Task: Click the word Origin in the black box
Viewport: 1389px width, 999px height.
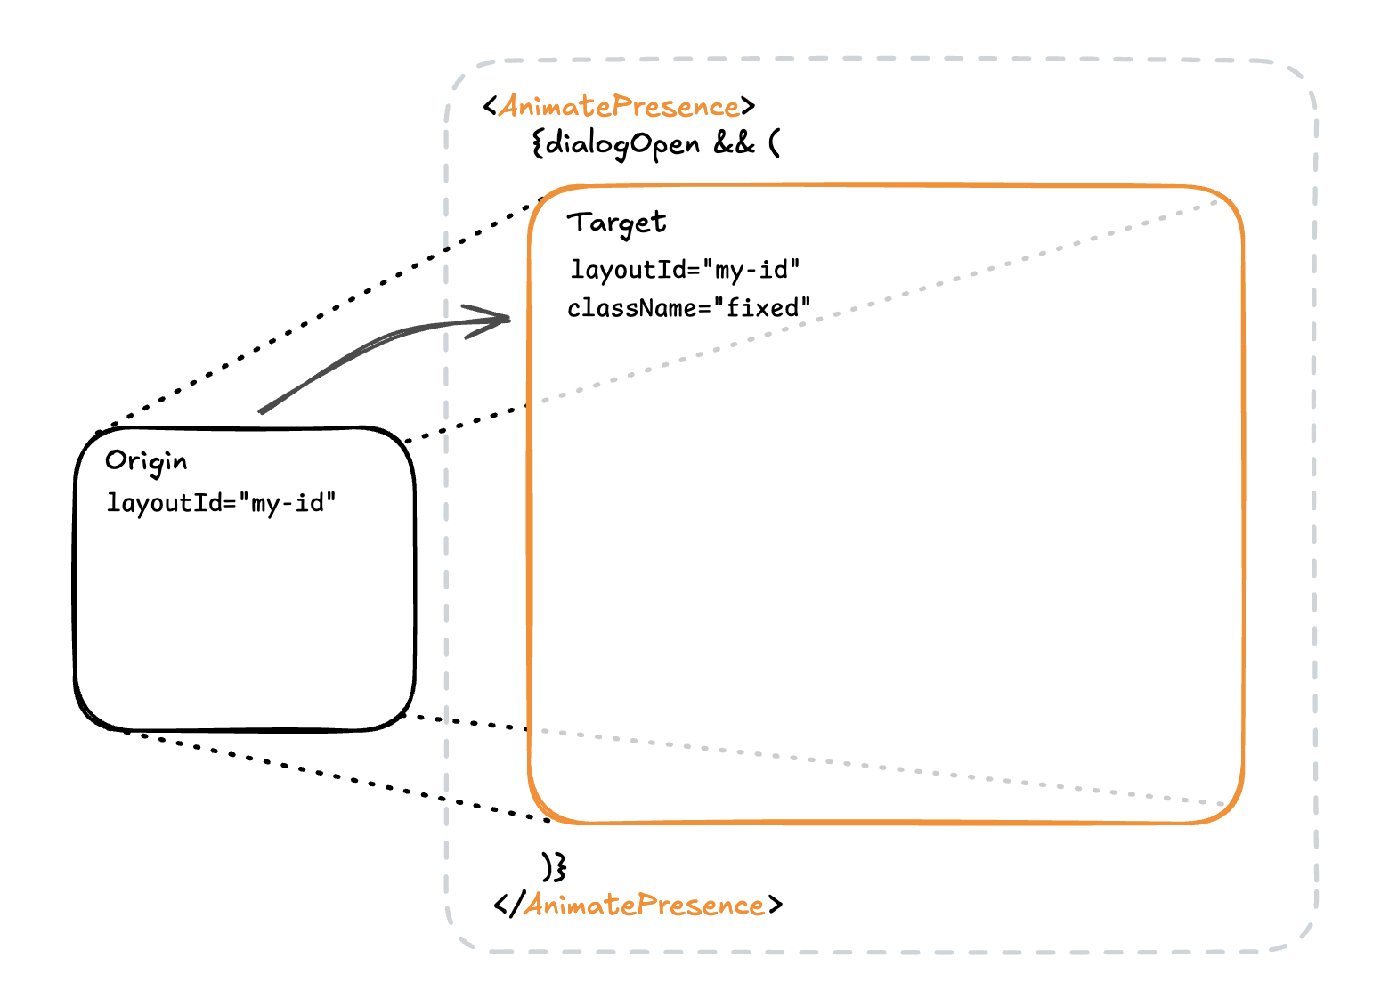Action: (146, 461)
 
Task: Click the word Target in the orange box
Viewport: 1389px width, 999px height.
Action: (616, 223)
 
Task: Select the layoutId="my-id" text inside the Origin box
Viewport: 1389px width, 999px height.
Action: (221, 503)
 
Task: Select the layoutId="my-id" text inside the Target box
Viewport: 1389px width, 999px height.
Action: (684, 269)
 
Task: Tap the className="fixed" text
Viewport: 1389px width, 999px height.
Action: (689, 308)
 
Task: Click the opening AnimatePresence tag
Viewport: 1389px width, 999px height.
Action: (619, 107)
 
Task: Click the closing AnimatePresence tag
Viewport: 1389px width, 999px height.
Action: (638, 906)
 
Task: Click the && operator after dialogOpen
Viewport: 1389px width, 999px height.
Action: (734, 143)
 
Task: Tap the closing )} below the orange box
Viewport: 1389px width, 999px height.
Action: (554, 865)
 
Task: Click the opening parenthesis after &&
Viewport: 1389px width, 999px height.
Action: (774, 143)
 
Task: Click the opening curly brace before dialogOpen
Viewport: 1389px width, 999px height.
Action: (538, 143)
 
